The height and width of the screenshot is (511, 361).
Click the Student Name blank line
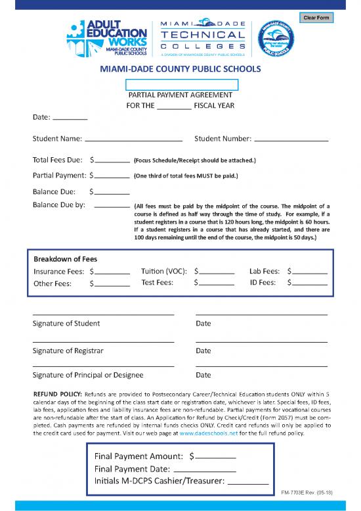[x=133, y=140]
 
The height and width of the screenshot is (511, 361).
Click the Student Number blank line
[x=291, y=140]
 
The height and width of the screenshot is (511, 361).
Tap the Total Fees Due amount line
[x=112, y=160]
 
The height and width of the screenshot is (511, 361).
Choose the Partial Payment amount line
[x=112, y=177]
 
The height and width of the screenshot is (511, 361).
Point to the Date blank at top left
[x=70, y=118]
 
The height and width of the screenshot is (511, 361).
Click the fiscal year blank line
[x=174, y=107]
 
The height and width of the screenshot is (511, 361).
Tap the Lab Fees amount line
[x=310, y=272]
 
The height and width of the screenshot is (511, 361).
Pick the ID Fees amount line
[x=310, y=285]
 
